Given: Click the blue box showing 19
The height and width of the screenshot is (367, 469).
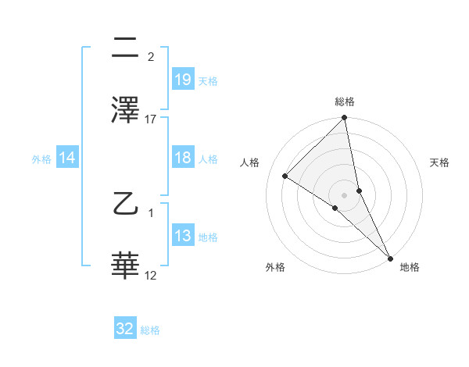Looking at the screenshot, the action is [182, 80].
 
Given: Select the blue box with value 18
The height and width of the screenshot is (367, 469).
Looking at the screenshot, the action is [182, 158].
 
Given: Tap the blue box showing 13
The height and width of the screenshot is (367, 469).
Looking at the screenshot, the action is [182, 236].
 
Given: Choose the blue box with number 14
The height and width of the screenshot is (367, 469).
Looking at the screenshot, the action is [67, 158].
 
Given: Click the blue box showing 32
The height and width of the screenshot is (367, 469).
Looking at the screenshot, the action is [125, 329].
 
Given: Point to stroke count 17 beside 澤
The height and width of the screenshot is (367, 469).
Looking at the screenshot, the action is [151, 119].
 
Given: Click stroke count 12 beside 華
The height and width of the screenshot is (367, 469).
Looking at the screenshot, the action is [151, 276].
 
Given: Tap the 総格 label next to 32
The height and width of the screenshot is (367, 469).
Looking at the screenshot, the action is [150, 330].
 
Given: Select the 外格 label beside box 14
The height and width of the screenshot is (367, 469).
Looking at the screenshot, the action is [41, 159].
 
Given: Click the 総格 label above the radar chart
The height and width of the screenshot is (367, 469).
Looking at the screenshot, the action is [344, 102].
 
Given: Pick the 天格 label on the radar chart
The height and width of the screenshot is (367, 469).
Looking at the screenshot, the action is [440, 162].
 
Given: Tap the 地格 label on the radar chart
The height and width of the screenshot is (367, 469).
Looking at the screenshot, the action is [410, 267].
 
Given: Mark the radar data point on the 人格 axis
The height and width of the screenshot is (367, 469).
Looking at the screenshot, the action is [285, 176].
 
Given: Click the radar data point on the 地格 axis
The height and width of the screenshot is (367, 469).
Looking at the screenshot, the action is [390, 258].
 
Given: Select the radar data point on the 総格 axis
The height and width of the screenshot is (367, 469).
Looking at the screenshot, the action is [344, 119].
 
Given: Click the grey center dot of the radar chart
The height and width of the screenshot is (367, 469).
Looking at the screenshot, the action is [344, 194].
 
